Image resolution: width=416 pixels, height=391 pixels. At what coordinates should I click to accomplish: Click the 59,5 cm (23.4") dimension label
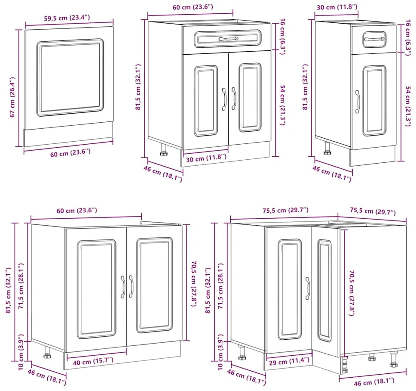click(67, 18)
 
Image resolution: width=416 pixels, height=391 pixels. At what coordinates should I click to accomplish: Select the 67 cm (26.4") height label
click(12, 97)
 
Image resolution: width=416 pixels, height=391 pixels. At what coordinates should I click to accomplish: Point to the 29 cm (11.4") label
click(289, 361)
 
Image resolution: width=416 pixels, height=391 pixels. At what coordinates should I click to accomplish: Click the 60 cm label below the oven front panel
click(70, 153)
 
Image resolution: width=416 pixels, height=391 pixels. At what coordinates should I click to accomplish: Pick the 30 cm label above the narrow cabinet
click(337, 7)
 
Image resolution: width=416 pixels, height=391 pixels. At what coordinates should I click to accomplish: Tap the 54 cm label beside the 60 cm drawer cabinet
click(283, 105)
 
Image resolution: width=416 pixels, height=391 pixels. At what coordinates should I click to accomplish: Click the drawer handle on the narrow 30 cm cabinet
click(374, 39)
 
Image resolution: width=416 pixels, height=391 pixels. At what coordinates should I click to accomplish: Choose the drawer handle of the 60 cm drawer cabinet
click(229, 39)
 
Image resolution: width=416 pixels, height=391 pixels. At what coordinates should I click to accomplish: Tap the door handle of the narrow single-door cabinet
click(358, 102)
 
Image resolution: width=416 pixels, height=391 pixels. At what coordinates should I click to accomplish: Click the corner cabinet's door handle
click(308, 289)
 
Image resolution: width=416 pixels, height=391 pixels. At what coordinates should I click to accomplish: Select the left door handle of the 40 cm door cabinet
click(122, 287)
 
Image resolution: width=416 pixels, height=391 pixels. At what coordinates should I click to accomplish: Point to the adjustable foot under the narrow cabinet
click(327, 148)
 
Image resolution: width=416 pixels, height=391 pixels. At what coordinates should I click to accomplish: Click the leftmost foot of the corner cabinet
click(242, 352)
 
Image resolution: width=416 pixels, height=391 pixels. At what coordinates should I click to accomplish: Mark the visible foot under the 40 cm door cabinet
click(47, 352)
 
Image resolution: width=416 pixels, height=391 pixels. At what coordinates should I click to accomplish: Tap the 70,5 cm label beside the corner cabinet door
click(351, 293)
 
